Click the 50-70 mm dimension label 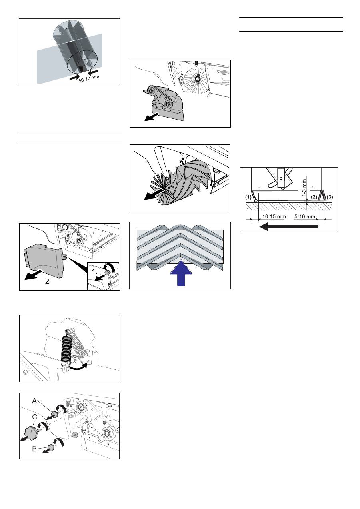[x=89, y=79]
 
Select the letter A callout [x=34, y=401]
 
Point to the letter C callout [x=34, y=417]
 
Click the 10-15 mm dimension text [x=274, y=216]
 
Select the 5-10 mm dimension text [x=304, y=216]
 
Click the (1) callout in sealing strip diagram [x=248, y=196]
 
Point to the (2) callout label [x=314, y=197]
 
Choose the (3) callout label [x=330, y=197]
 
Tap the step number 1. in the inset [x=95, y=271]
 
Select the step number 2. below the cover [x=48, y=281]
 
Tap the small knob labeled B [x=50, y=447]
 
